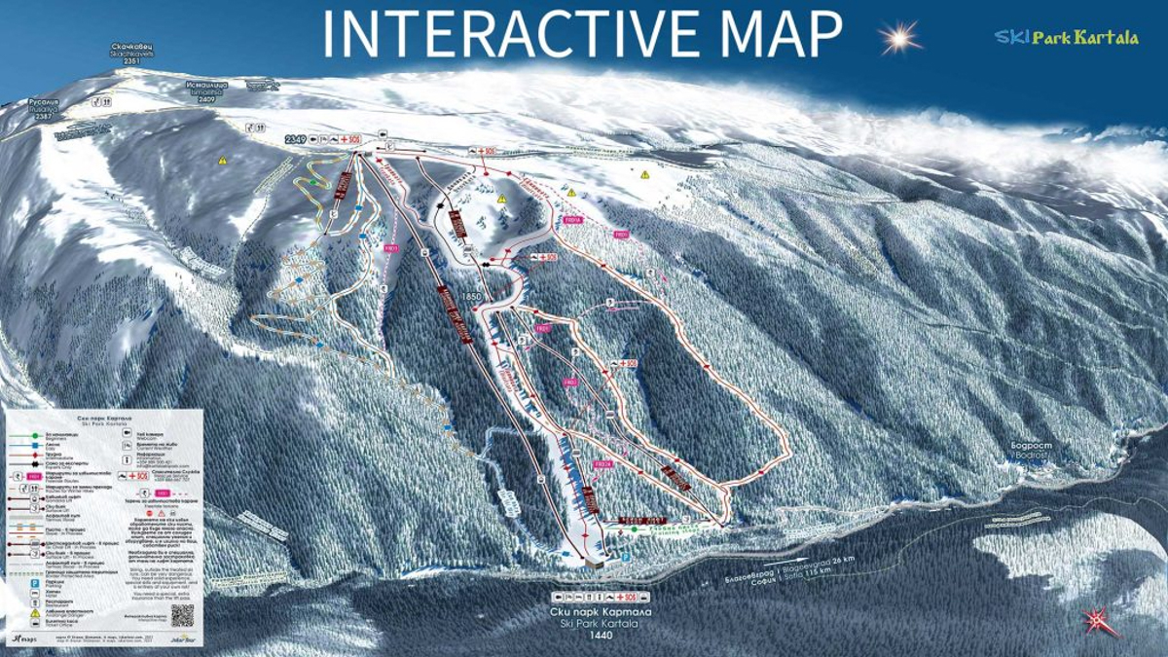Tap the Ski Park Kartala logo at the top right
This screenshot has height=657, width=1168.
point(1066,37)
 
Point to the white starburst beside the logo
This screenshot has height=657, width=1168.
point(899,38)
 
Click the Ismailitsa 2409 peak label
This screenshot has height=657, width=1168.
point(206,91)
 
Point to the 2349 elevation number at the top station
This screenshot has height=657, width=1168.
point(296,140)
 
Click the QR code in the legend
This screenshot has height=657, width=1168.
point(182,615)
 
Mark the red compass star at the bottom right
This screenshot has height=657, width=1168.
point(1098,618)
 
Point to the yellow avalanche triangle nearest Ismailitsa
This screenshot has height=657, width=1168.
point(222,160)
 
